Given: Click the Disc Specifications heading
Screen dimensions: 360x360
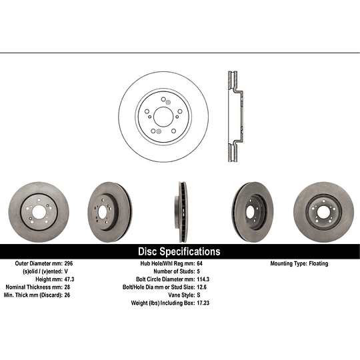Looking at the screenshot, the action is pos(179,251).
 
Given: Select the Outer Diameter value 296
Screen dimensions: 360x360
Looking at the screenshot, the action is pos(69,263).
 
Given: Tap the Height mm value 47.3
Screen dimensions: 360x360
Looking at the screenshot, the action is pos(69,279).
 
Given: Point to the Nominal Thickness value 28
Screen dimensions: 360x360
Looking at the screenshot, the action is pos(67,287).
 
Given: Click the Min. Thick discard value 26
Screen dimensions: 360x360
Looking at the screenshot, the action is pos(67,295).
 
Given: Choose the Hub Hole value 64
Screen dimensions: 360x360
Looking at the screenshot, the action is pos(200,263).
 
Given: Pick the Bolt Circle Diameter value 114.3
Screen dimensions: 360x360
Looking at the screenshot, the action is pos(203,279).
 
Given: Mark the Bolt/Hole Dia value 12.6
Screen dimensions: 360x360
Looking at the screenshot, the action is pos(202,287).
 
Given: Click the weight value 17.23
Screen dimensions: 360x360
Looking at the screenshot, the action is pos(203,303).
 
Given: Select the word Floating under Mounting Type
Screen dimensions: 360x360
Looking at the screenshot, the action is pos(319,263).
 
